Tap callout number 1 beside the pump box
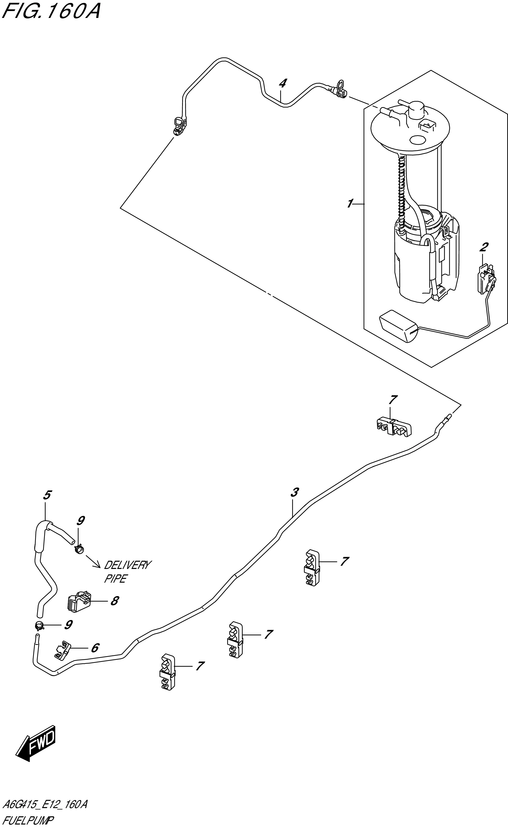350,204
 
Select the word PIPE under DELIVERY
115,579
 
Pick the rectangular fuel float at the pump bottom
398,325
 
